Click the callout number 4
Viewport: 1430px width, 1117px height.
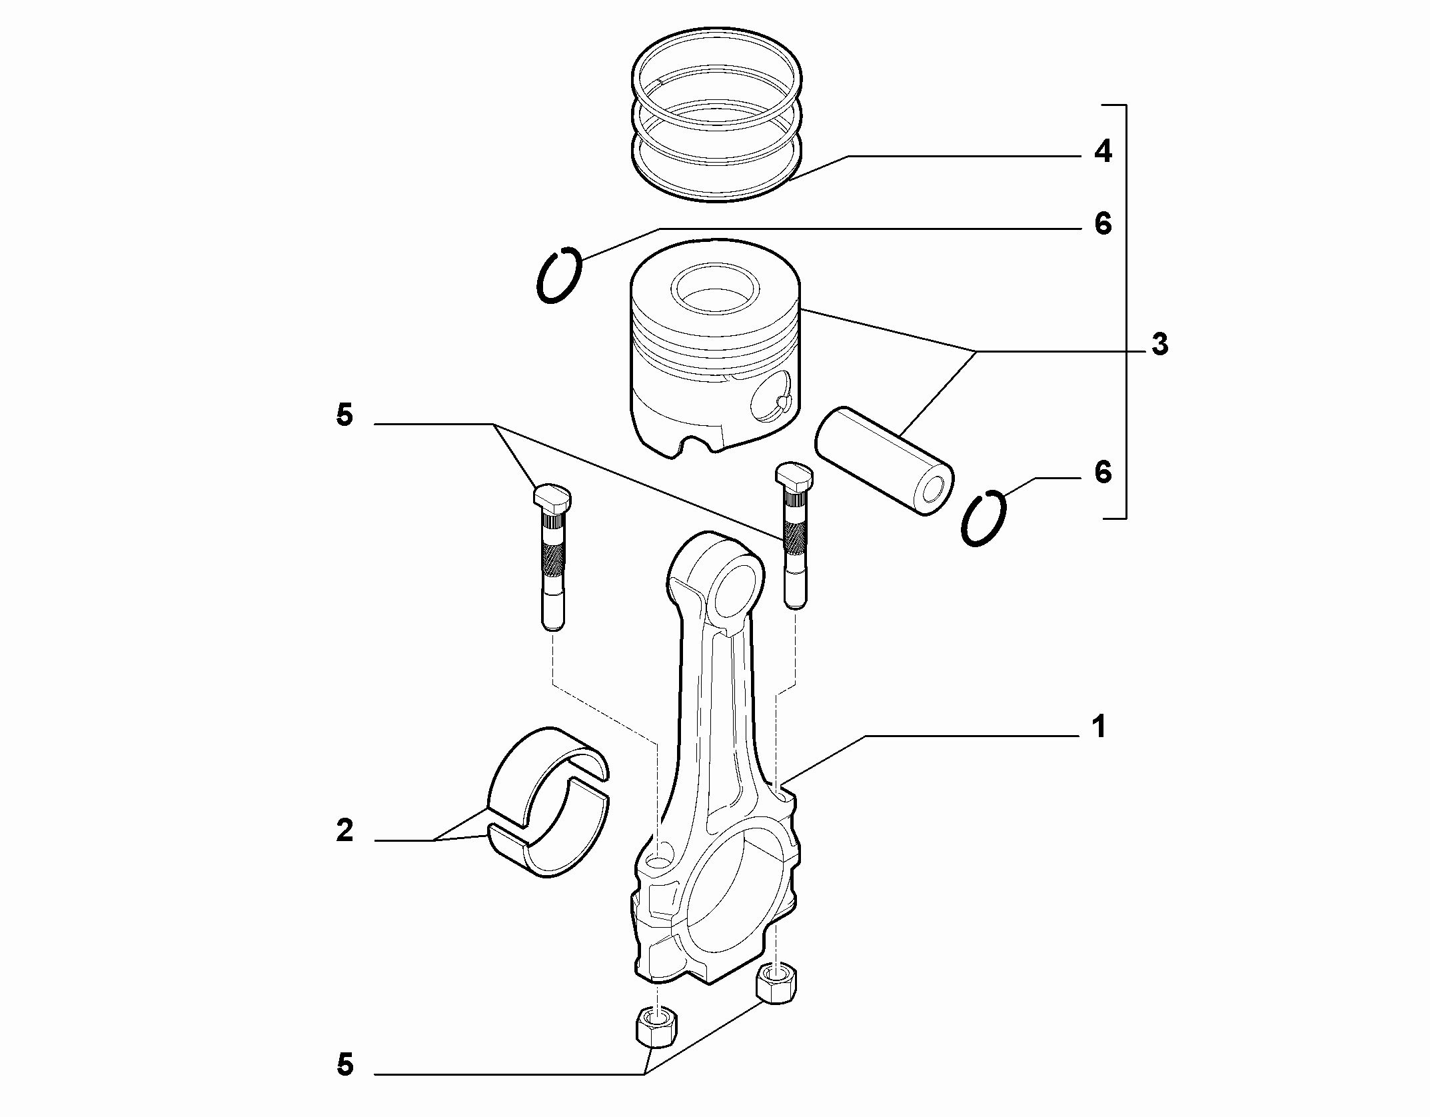pos(1103,152)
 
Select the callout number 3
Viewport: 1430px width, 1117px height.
pos(1160,345)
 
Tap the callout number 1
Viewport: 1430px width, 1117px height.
pos(1099,726)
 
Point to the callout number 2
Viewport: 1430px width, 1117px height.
pos(345,830)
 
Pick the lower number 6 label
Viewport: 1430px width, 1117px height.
pos(1103,473)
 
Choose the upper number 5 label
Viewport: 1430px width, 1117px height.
pos(345,415)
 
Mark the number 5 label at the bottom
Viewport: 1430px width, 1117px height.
pos(345,1065)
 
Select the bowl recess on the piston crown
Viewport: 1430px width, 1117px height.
pos(715,290)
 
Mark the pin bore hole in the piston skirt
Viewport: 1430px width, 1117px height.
pos(770,401)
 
